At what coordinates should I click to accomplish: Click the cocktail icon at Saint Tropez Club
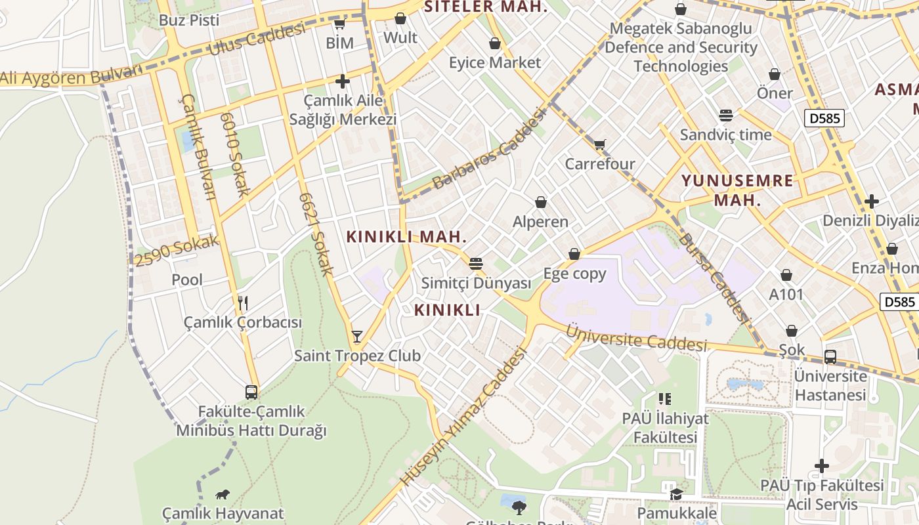356,337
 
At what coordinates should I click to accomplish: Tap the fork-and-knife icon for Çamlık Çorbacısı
243,303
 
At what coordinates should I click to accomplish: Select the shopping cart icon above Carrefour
599,144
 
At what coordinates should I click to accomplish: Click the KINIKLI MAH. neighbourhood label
406,236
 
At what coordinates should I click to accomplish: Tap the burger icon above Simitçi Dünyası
476,264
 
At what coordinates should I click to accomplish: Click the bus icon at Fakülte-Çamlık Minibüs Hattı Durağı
251,392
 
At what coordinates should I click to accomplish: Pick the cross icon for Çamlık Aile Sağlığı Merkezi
342,81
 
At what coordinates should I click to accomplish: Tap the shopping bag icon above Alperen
541,202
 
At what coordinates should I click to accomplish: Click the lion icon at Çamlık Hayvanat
223,494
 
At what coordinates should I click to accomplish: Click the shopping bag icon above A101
786,275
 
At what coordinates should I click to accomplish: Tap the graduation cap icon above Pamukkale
675,493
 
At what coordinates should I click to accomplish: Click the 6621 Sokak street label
316,233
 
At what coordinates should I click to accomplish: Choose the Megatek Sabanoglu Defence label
681,47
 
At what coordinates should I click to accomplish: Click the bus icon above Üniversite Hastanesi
830,357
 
